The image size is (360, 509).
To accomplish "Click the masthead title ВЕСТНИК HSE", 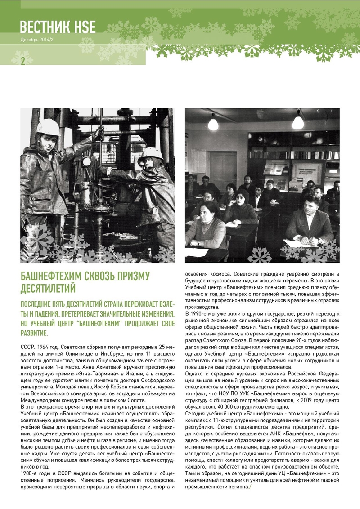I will (x=58, y=27).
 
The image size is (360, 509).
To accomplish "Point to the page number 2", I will (x=22, y=61).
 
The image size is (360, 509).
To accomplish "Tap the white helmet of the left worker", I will (x=48, y=127).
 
